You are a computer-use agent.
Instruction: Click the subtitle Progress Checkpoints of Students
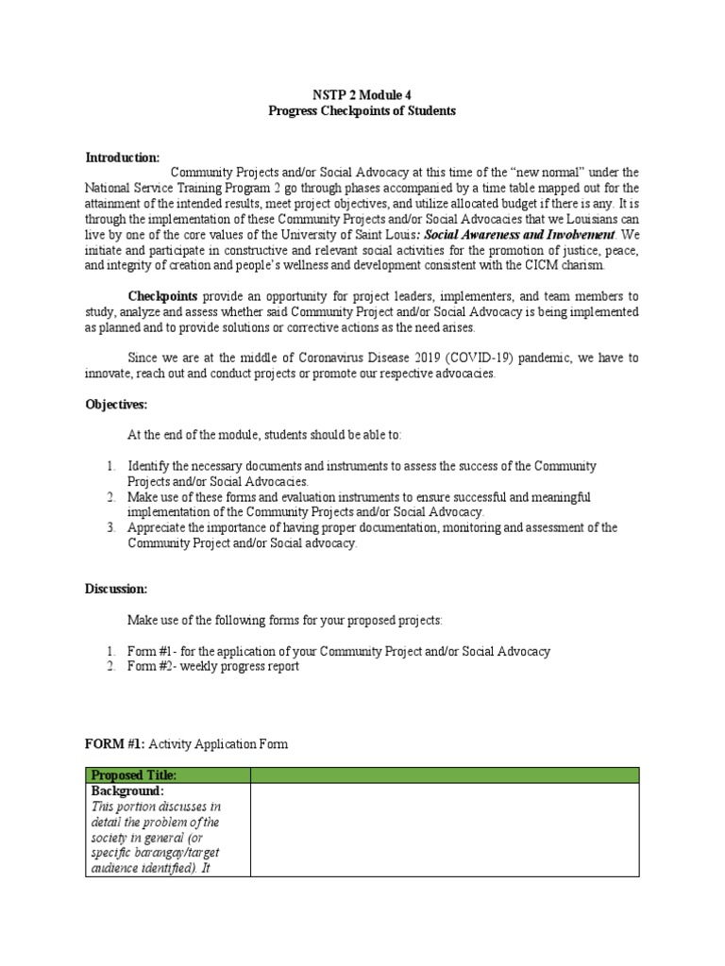click(362, 110)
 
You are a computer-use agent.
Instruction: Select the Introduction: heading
click(123, 157)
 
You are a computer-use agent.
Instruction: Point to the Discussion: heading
click(117, 589)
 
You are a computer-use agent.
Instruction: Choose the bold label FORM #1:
click(115, 744)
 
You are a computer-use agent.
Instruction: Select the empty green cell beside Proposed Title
click(444, 774)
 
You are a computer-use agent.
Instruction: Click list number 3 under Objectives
click(110, 527)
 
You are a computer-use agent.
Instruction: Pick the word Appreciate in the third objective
click(160, 527)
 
